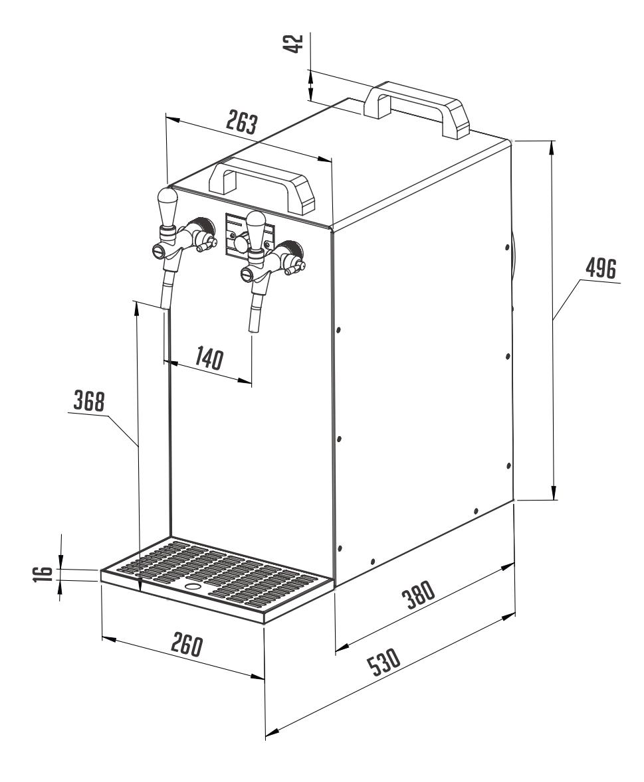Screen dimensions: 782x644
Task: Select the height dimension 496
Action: pos(600,270)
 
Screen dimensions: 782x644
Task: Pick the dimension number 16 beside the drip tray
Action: pos(42,574)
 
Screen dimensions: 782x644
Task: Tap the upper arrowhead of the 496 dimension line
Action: pos(552,147)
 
